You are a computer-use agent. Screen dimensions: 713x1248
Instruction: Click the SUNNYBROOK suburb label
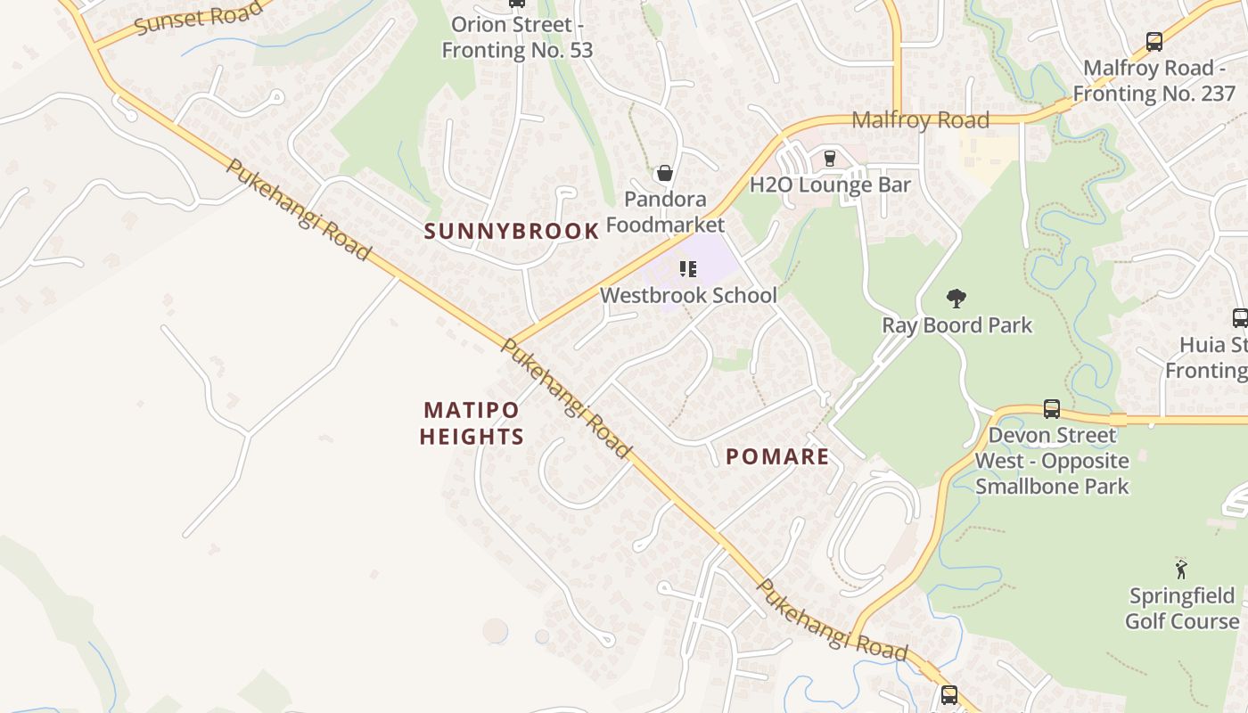pos(512,232)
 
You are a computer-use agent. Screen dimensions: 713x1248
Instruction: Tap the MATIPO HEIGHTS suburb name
pos(472,423)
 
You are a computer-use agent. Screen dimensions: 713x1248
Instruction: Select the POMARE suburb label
pos(777,457)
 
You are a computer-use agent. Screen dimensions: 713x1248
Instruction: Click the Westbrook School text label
pos(688,295)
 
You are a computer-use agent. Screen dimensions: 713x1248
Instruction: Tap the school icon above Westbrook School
pos(687,267)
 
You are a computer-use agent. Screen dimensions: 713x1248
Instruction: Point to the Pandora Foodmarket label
pos(665,212)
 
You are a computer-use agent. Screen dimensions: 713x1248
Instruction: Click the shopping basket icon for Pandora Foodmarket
pos(664,173)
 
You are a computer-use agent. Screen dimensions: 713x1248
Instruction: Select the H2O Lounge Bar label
pos(830,185)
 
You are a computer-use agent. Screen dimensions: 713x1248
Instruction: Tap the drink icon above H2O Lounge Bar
pos(830,158)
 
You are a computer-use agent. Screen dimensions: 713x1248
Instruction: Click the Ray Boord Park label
pos(957,325)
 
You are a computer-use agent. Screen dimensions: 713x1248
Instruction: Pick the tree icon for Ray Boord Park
pos(957,298)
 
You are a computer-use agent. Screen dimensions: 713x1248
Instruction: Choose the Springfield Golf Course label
pos(1182,609)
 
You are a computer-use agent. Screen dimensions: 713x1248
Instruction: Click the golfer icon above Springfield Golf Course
pos(1182,569)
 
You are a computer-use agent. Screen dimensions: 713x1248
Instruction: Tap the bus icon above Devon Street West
pos(1052,409)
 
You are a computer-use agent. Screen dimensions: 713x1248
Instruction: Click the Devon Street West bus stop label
pos(1052,461)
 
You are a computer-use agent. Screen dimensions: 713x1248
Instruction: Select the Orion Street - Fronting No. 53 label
pos(517,37)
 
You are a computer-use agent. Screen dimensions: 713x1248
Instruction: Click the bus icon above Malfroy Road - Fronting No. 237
pos(1154,41)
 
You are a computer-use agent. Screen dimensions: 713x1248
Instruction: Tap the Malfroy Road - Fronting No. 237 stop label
pos(1154,80)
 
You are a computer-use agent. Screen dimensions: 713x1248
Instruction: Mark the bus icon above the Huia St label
pos(1239,317)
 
